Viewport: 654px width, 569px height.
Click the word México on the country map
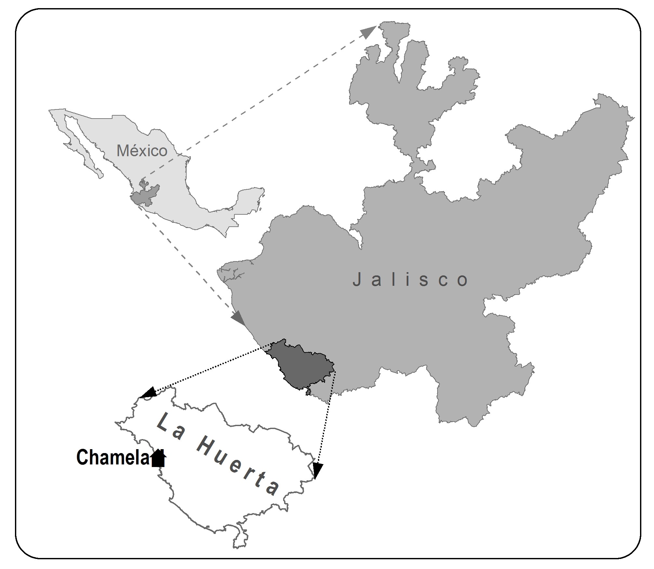[142, 151]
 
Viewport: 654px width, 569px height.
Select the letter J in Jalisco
[357, 279]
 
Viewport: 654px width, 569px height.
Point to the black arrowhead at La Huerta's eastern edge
[317, 471]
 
